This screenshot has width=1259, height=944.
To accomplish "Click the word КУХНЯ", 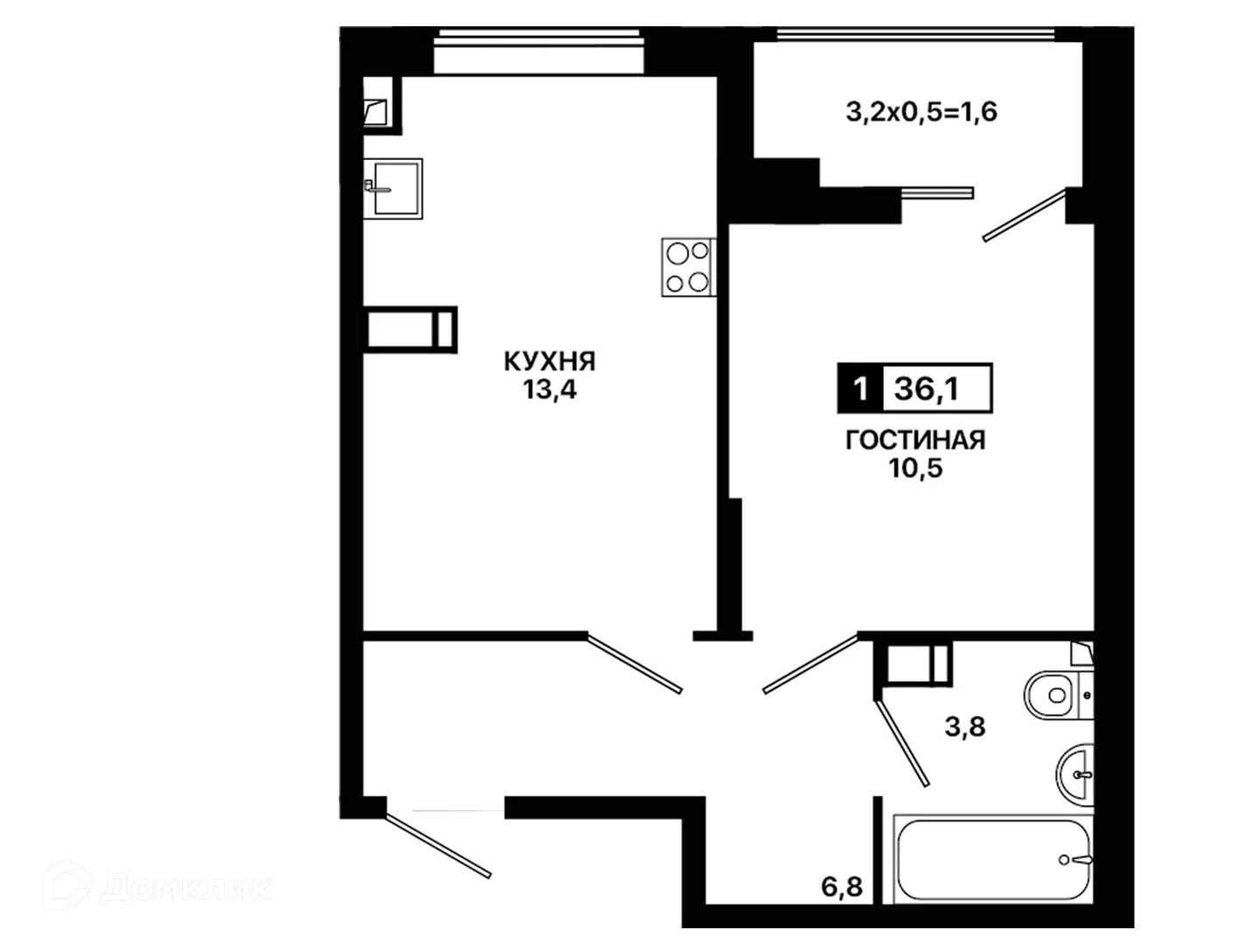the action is click(549, 362).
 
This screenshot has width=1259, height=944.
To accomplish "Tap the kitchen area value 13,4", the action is click(549, 390).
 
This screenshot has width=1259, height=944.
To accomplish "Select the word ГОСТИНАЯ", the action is click(915, 441).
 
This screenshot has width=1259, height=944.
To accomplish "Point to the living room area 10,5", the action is click(915, 469).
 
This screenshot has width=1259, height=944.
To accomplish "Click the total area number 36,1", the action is click(926, 389).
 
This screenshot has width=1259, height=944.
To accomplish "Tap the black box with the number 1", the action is click(860, 389).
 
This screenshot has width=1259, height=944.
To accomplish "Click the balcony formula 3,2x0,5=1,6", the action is click(922, 112).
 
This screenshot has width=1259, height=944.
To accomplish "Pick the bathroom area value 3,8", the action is click(964, 726).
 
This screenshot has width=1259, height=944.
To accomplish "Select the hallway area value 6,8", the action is click(841, 887).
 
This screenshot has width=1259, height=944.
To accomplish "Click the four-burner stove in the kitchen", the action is click(688, 267).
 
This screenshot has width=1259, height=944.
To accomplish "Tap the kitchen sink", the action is click(393, 189).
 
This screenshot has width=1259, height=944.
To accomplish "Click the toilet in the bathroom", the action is click(1058, 695).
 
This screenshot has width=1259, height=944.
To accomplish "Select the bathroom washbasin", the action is click(1075, 774).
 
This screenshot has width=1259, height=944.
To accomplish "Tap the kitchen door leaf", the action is click(635, 663).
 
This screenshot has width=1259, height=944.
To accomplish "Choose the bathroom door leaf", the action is click(902, 743).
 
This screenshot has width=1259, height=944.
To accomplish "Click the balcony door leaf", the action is click(1025, 215).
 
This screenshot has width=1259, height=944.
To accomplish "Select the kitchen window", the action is click(538, 52).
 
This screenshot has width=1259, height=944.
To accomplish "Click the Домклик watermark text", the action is click(186, 889).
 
